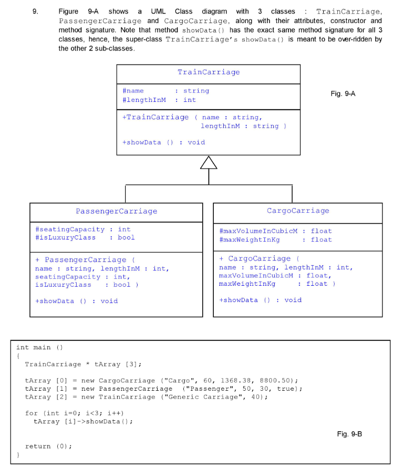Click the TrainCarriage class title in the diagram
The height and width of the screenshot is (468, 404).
pyautogui.click(x=209, y=72)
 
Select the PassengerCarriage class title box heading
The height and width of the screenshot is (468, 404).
pyautogui.click(x=116, y=211)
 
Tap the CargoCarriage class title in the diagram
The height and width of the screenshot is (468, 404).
pyautogui.click(x=298, y=211)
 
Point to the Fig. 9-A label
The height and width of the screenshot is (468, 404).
pyautogui.click(x=343, y=93)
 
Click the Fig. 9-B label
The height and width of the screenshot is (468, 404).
pyautogui.click(x=349, y=434)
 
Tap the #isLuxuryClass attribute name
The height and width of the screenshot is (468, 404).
pyautogui.click(x=65, y=237)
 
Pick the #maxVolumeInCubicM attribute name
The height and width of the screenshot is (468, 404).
pyautogui.click(x=258, y=231)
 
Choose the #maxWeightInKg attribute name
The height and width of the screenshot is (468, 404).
pyautogui.click(x=250, y=240)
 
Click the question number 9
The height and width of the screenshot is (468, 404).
pyautogui.click(x=36, y=11)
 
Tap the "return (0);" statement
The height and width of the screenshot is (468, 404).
pyautogui.click(x=48, y=446)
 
